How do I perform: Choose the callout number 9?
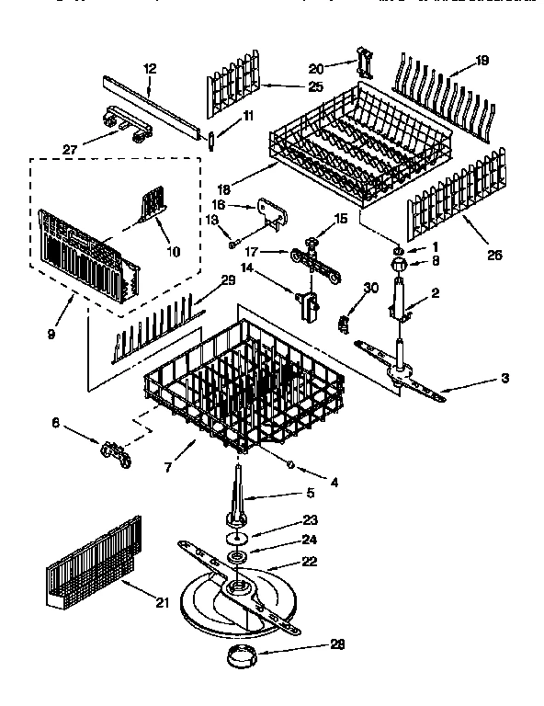point(51,334)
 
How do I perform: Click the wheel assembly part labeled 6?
point(114,451)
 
